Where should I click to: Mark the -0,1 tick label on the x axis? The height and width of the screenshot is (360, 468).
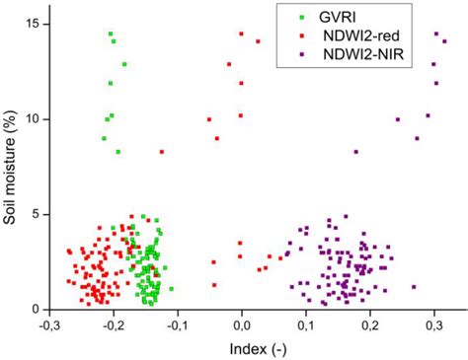(x=177, y=324)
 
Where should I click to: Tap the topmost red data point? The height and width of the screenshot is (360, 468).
(x=241, y=34)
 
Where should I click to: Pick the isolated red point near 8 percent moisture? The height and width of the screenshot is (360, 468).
(x=162, y=152)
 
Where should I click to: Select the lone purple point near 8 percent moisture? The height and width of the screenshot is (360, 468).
(x=356, y=152)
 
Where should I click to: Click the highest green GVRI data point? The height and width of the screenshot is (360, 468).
(x=111, y=34)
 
